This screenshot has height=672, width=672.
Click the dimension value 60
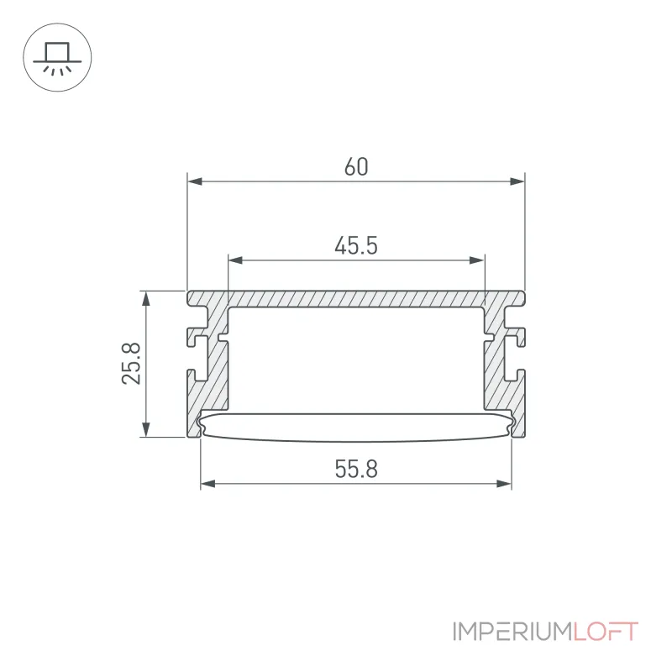click(x=356, y=167)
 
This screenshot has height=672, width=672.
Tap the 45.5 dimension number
click(x=356, y=246)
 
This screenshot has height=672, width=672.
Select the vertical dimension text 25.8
click(x=132, y=364)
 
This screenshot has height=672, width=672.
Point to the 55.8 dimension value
click(x=356, y=470)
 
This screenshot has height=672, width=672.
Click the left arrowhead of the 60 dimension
click(x=195, y=181)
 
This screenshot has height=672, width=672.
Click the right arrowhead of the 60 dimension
click(x=517, y=181)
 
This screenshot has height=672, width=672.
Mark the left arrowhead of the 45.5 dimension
click(x=236, y=260)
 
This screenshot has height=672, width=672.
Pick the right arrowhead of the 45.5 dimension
click(x=477, y=260)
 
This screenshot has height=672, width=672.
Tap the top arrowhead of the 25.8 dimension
click(x=146, y=299)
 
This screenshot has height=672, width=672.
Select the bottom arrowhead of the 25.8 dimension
click(x=146, y=429)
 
